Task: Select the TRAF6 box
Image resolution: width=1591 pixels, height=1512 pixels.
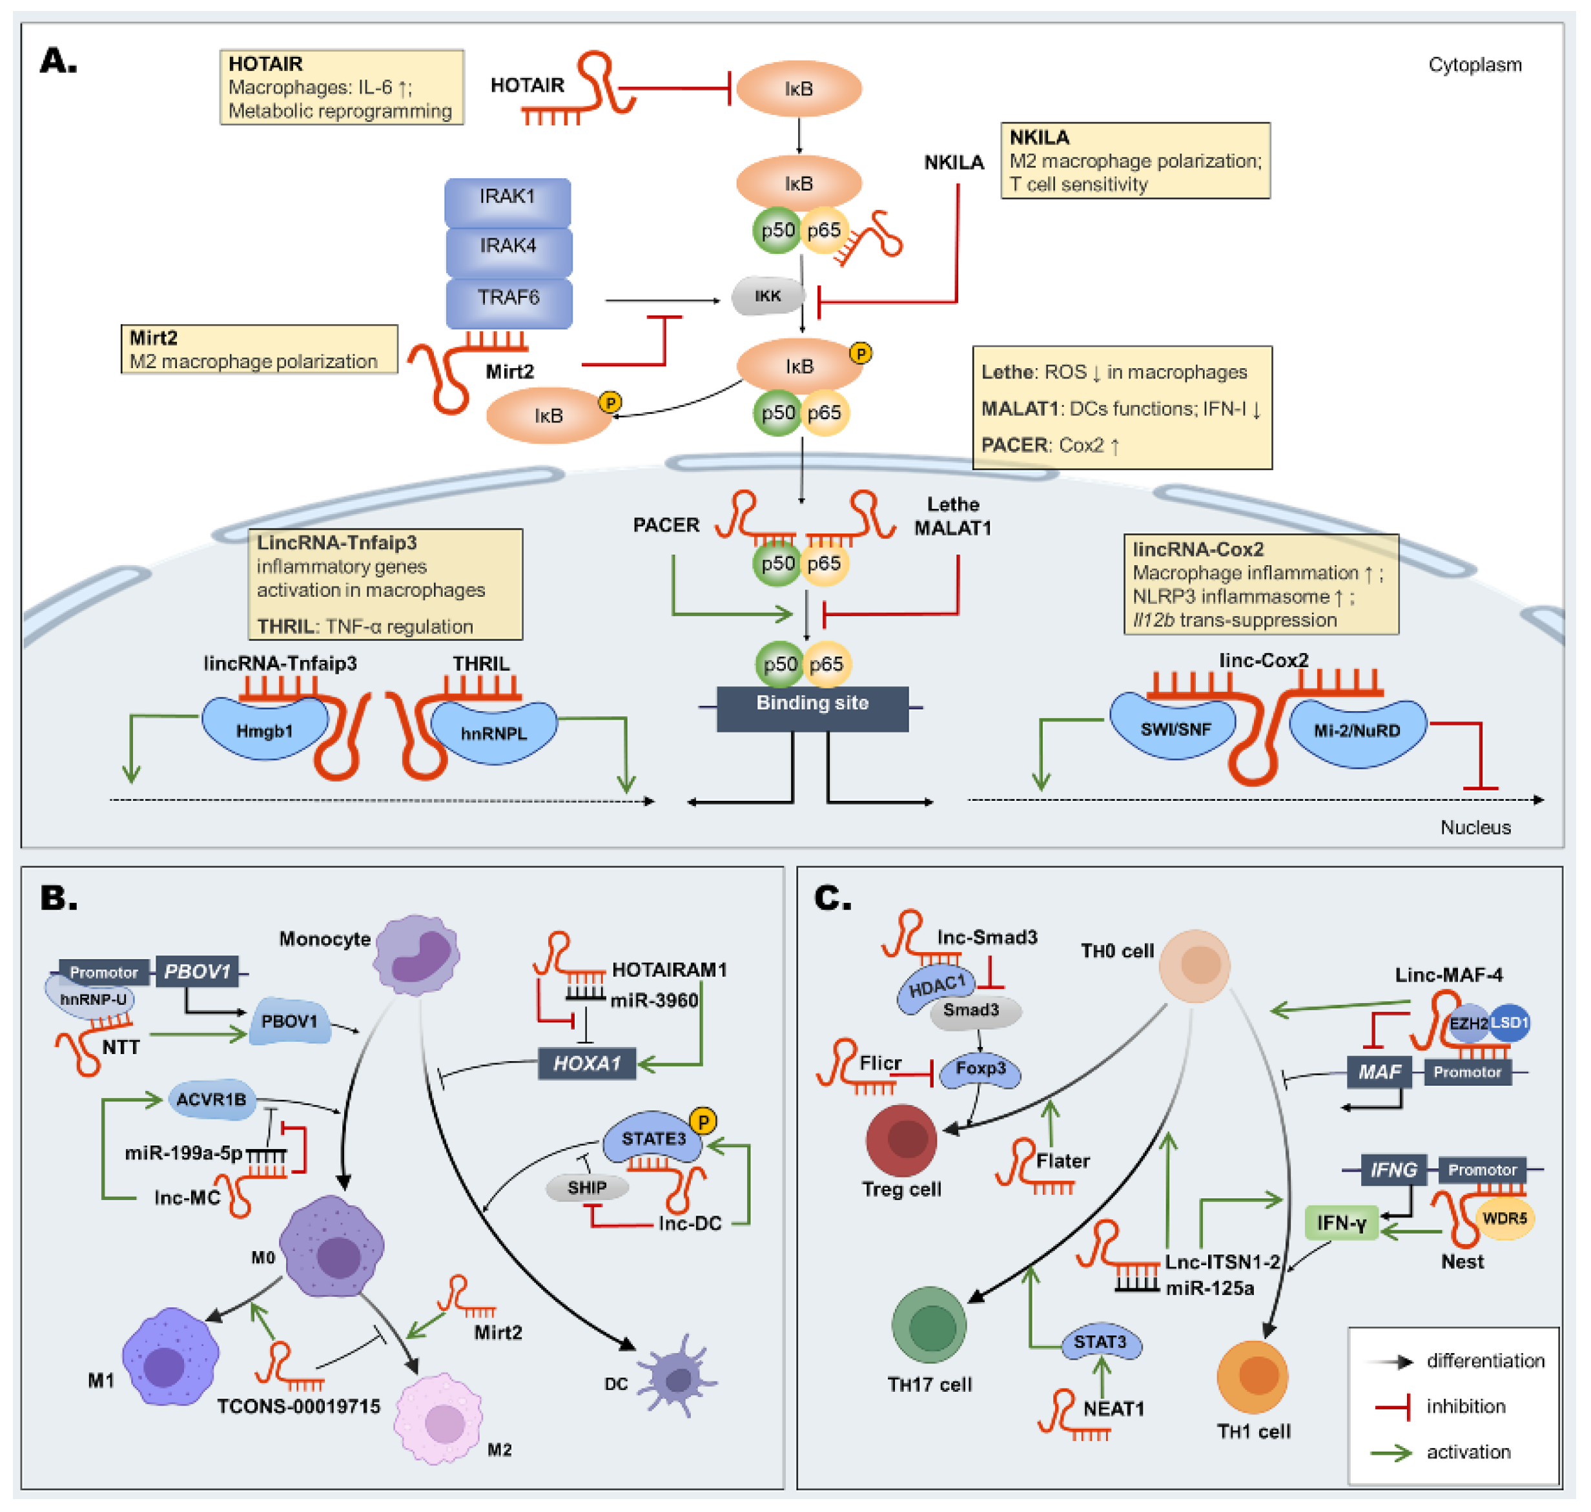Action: coord(508,299)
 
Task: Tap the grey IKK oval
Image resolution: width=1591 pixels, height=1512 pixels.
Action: coord(768,296)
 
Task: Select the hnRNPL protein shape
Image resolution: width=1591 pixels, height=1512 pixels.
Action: coord(493,732)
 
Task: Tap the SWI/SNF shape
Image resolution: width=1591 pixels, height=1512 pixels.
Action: coord(1175,729)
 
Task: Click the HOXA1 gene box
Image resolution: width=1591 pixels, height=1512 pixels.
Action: coord(586,1063)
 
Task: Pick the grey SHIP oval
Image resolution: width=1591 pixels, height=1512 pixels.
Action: coord(586,1187)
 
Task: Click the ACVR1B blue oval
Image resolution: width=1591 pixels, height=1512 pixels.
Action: coord(211,1099)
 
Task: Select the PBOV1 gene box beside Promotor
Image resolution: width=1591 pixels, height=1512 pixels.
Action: coord(198,971)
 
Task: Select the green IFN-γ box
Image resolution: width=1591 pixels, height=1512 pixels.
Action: coord(1341,1223)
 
